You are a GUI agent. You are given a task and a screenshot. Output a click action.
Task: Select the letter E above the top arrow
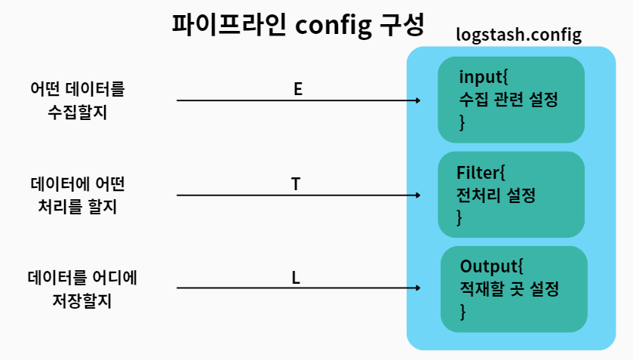298,89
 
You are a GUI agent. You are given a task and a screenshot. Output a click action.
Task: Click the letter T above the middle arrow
297,183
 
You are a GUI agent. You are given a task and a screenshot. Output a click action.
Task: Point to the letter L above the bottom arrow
297,278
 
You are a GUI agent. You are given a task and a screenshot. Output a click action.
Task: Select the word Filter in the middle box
478,171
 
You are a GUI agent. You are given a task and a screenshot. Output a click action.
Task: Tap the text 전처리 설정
496,195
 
